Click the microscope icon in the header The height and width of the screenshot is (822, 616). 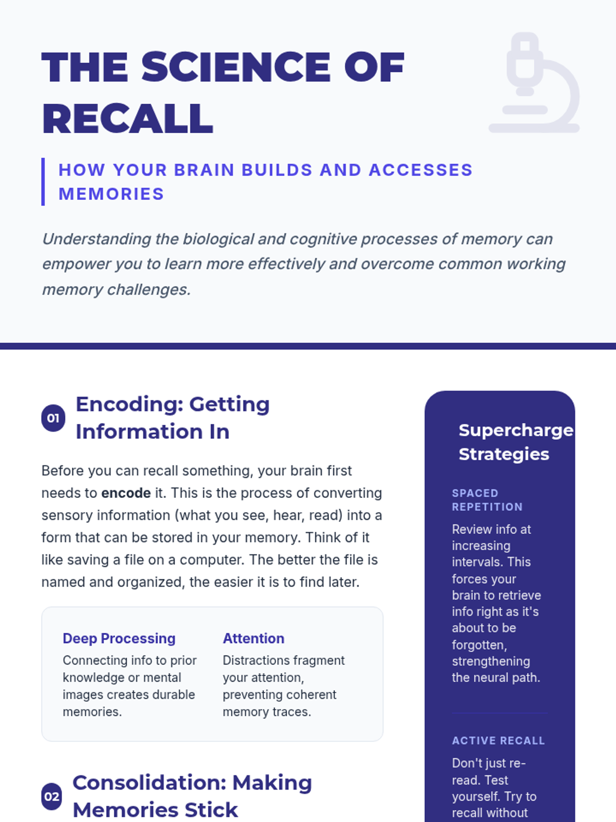tap(534, 82)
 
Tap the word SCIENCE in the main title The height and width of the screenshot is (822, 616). tap(236, 67)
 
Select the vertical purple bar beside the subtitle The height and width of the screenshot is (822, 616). tap(43, 182)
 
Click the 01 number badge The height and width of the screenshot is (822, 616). tap(53, 418)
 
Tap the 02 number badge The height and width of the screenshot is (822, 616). tap(51, 797)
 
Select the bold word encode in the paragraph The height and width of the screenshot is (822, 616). tap(126, 493)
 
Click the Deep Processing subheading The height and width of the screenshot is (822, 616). tap(119, 639)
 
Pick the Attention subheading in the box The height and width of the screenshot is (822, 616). tap(254, 639)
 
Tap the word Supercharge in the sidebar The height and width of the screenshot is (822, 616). tap(515, 431)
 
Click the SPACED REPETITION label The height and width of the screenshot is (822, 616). tap(487, 500)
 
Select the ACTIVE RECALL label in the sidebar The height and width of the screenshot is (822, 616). tap(498, 741)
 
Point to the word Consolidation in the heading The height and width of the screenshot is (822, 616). tap(149, 783)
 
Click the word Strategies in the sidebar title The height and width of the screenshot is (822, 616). tap(504, 454)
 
